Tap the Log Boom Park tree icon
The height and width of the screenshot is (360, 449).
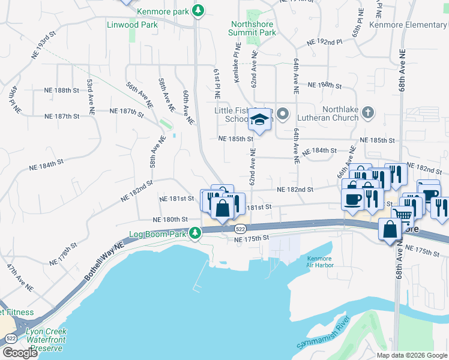pyautogui.click(x=194, y=233)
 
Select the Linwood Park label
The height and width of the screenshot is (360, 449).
pyautogui.click(x=132, y=25)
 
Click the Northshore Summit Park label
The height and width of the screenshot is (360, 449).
pyautogui.click(x=253, y=28)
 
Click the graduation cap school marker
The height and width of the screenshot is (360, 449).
pyautogui.click(x=261, y=121)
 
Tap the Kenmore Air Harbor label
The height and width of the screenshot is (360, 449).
pyautogui.click(x=319, y=262)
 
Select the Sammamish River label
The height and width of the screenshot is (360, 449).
pyautogui.click(x=323, y=338)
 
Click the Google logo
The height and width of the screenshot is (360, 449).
pyautogui.click(x=19, y=353)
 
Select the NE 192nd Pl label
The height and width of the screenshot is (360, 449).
pyautogui.click(x=324, y=43)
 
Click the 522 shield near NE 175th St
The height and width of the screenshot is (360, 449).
pyautogui.click(x=240, y=229)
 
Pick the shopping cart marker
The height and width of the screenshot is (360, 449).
pyautogui.click(x=402, y=215)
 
